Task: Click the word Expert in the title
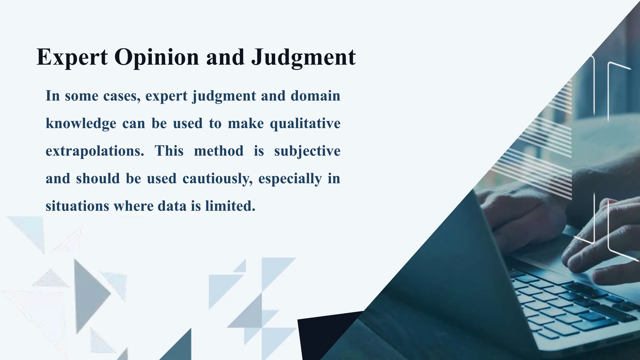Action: [72, 57]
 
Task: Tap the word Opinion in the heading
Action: [157, 57]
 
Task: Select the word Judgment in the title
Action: [303, 57]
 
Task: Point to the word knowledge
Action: [81, 123]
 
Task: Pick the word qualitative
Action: [305, 123]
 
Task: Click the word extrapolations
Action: [95, 151]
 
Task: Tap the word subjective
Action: [307, 151]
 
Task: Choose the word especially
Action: [290, 179]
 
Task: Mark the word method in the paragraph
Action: [218, 151]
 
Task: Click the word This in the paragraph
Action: [169, 151]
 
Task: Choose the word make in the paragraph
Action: [246, 123]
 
